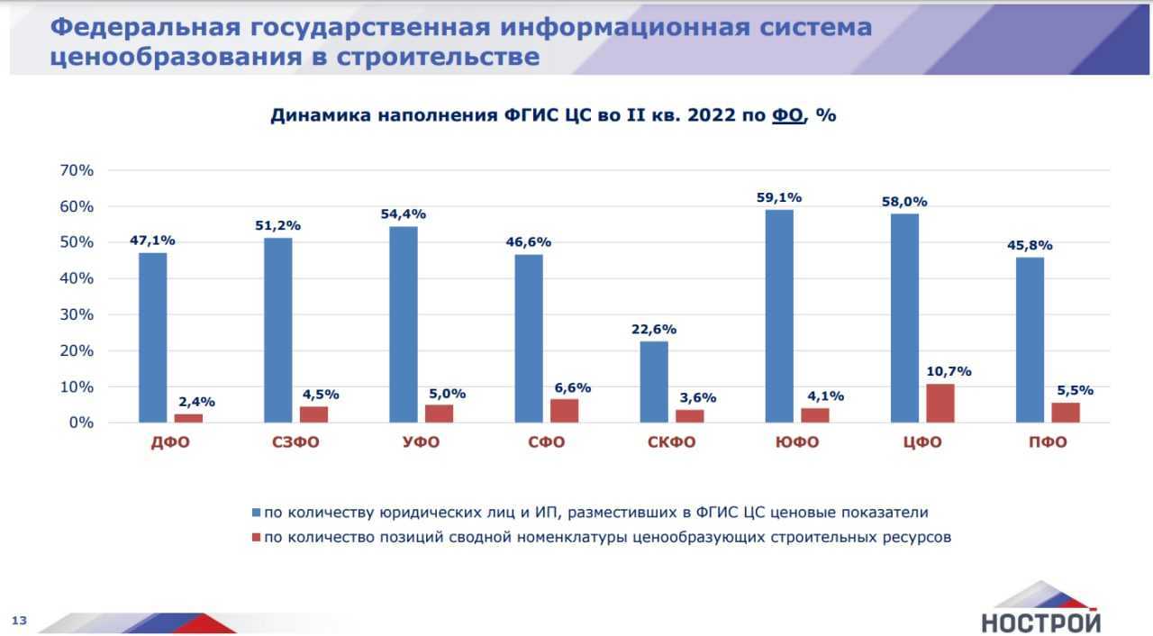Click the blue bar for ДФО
[x=152, y=338]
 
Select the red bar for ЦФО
[x=940, y=404]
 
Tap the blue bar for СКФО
[x=654, y=382]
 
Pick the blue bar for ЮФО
[x=779, y=316]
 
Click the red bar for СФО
[x=564, y=411]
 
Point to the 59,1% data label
[x=779, y=197]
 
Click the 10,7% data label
[x=949, y=371]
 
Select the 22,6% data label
[x=654, y=329]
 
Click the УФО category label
[x=421, y=442]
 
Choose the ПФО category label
[x=1048, y=442]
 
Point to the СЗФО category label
[x=295, y=442]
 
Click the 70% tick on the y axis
[x=76, y=170]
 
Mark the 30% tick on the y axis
[x=76, y=314]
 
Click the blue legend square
[x=256, y=513]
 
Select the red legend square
[x=256, y=538]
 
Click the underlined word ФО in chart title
[x=787, y=116]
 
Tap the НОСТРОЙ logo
[x=1040, y=609]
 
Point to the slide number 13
[x=19, y=620]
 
